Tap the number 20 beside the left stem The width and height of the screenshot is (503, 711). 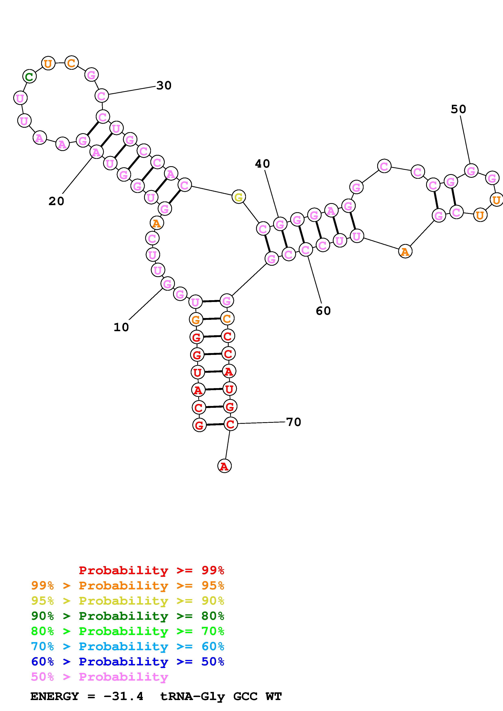tap(56, 201)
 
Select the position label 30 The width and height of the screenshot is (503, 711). tap(164, 86)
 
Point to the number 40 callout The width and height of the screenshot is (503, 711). tap(262, 164)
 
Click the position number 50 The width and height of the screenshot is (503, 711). tap(458, 109)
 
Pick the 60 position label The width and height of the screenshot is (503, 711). tap(323, 311)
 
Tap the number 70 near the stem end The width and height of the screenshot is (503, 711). tap(293, 422)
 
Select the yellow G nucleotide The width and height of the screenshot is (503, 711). tap(238, 197)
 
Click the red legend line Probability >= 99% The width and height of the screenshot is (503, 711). tap(151, 570)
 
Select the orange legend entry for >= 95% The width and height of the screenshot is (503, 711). tap(127, 586)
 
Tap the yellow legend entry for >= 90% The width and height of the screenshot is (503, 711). tap(127, 601)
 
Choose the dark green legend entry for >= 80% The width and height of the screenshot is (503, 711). tap(127, 616)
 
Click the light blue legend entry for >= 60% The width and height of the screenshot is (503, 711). tap(127, 646)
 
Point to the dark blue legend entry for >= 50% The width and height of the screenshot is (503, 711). tap(127, 662)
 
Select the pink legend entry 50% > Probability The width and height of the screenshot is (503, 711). tap(99, 677)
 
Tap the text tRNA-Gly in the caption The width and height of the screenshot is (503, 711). tap(192, 696)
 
